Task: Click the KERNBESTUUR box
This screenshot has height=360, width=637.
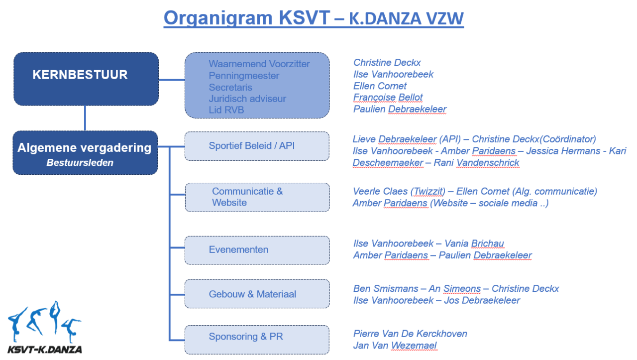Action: tap(86, 79)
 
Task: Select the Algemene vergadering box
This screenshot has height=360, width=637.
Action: tap(85, 153)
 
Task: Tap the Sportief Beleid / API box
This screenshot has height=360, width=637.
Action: tap(257, 146)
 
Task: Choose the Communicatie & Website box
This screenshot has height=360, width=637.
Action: tap(257, 197)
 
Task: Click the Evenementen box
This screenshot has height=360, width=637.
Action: tap(257, 250)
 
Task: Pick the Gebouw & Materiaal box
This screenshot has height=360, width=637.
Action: tap(257, 294)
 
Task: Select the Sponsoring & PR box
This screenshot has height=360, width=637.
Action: tap(257, 340)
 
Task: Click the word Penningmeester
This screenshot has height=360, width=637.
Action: tap(244, 76)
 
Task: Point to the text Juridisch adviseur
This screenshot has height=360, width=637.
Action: tap(247, 99)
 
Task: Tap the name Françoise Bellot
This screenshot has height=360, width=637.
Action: tap(388, 97)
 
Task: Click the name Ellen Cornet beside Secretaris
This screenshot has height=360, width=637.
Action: tap(380, 86)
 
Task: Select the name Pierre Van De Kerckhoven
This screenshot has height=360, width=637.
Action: tap(410, 334)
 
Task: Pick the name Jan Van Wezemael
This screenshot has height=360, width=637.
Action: tap(395, 345)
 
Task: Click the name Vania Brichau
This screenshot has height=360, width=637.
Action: tap(474, 243)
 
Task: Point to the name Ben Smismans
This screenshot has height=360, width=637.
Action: tap(386, 288)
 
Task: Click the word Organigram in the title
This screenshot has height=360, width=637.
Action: tap(218, 18)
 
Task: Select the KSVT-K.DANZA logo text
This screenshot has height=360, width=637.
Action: tap(45, 350)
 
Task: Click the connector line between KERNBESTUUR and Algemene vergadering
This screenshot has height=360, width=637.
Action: tap(85, 119)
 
